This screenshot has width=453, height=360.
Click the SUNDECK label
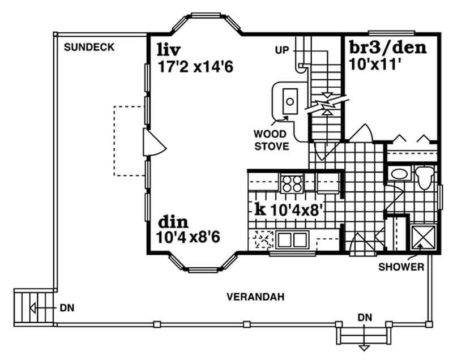click(89, 48)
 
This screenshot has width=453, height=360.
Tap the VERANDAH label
click(255, 297)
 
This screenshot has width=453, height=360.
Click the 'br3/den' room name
click(386, 49)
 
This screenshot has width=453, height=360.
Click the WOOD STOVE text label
click(271, 140)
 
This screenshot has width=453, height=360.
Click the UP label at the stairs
click(281, 50)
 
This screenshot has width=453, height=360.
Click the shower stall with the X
click(422, 237)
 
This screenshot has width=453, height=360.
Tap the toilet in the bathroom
click(424, 177)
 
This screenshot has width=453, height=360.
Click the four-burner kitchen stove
click(292, 183)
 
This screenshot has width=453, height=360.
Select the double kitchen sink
click(292, 240)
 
